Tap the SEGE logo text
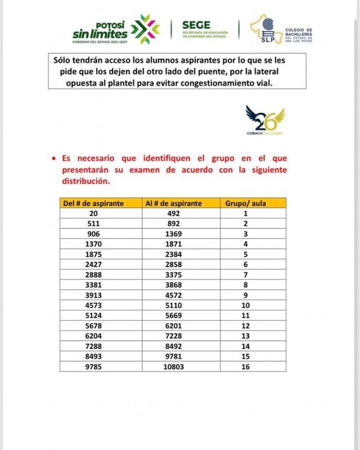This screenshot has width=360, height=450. (196, 25)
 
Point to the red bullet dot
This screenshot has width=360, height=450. (53, 159)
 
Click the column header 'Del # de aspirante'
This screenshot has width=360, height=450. (93, 203)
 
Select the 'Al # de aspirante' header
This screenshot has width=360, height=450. (174, 203)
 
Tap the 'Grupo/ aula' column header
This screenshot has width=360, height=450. (245, 203)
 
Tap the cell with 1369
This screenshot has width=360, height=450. (175, 234)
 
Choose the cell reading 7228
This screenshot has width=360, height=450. (175, 336)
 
